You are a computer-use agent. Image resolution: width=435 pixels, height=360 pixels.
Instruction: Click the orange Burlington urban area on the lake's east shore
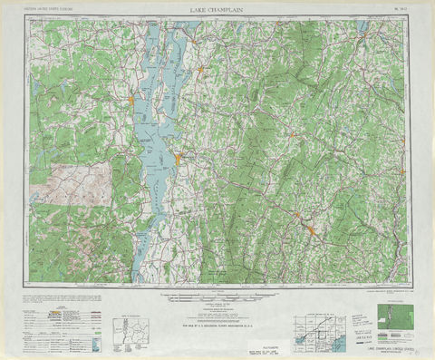[x=179, y=160]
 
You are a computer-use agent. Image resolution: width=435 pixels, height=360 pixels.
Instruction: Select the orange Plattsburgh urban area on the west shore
[x=132, y=98]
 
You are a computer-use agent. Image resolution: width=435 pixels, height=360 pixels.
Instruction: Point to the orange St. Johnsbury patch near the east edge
[x=401, y=170]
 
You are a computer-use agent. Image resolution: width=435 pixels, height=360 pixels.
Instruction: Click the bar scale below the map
[x=214, y=297]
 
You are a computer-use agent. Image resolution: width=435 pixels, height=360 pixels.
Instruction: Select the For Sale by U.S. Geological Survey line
[x=215, y=324]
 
